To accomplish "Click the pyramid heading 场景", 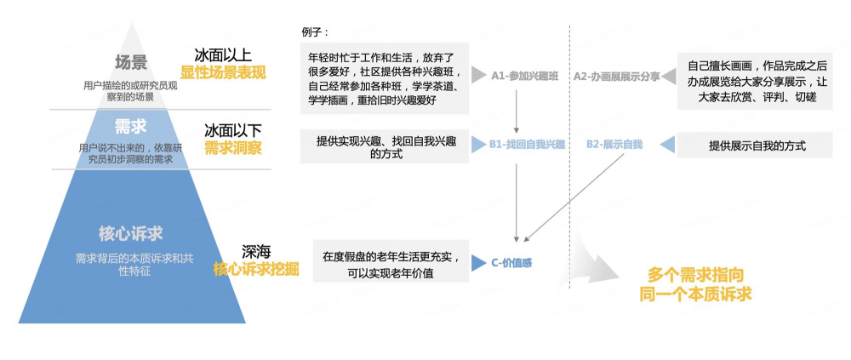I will pos(131,62).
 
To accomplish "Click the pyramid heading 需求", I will pos(131,127).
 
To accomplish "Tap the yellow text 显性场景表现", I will pos(223,71).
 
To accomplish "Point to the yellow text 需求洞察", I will pos(232,148).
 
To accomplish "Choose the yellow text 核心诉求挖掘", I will pos(256,269).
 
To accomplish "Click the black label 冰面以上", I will pos(223,53).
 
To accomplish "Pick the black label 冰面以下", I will pos(232,130).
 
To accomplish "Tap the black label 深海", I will pos(256,252).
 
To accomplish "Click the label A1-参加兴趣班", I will pos(524,76).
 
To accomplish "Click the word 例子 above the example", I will pos(315,32).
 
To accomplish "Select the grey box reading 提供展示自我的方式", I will pos(757,146).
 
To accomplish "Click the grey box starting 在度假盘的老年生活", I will pos(391,263).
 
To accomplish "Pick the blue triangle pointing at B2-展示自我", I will pos(668,145).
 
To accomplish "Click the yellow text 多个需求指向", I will pos(695,275).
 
